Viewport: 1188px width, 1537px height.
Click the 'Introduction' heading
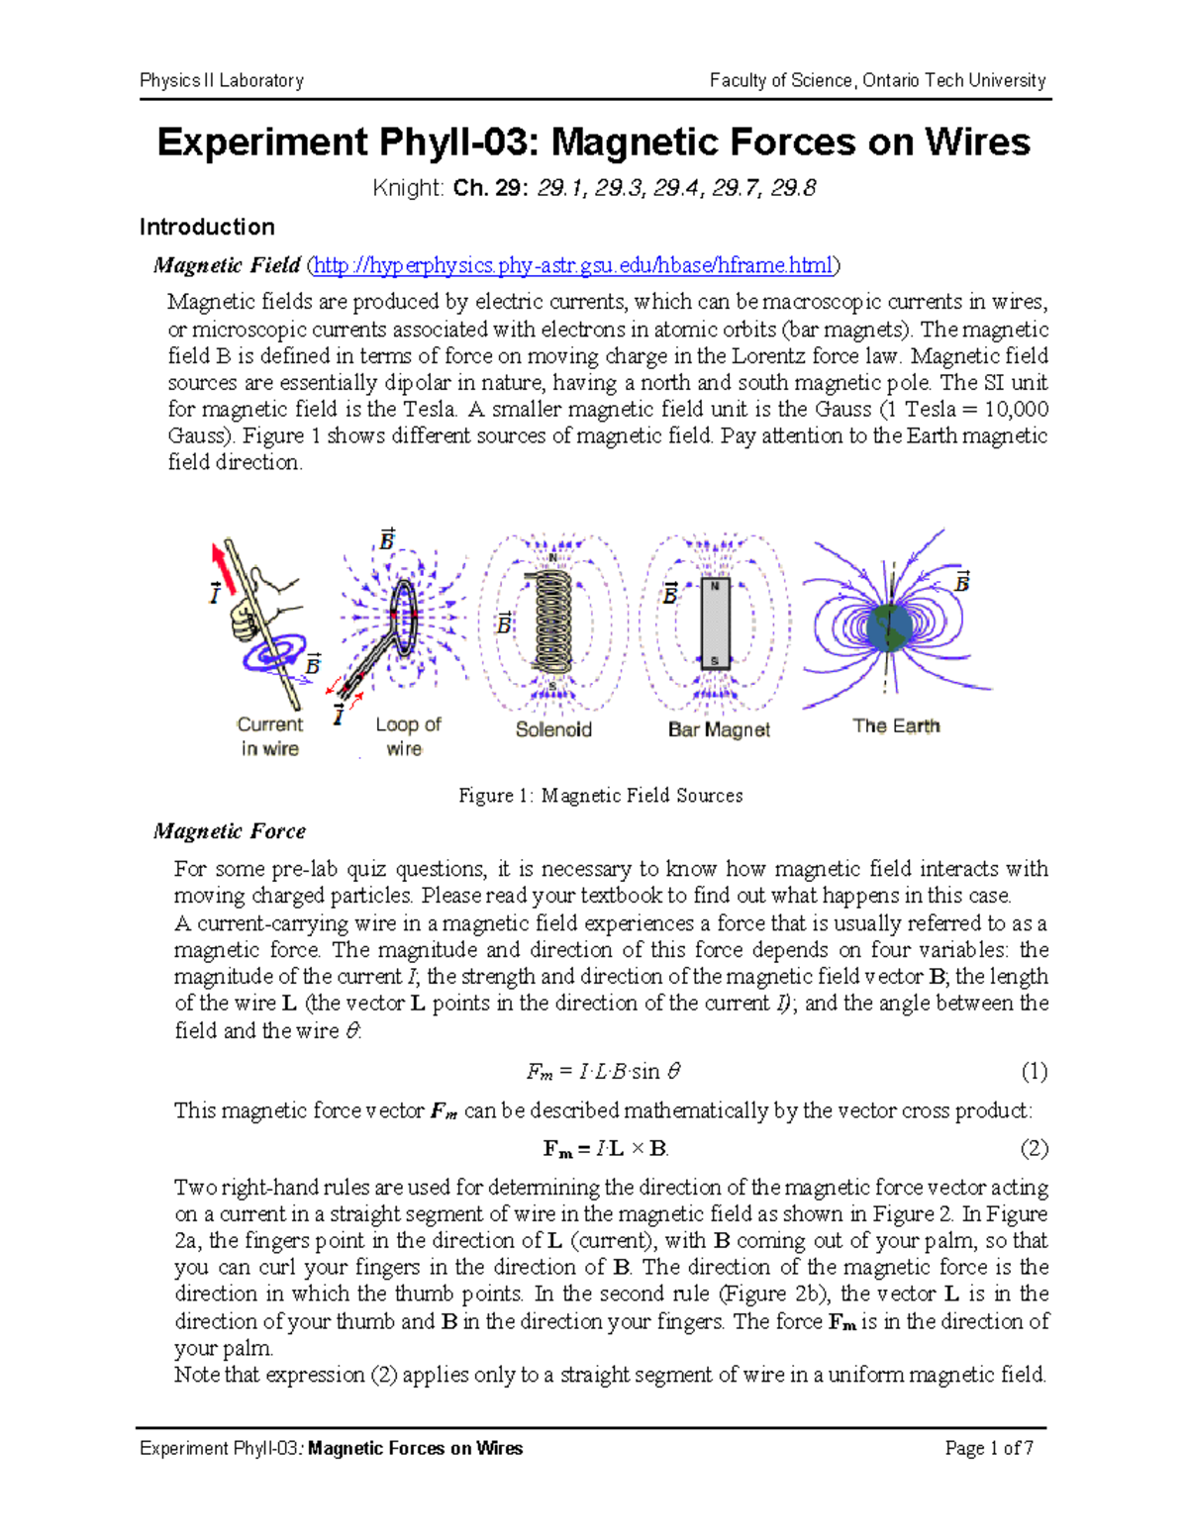pyautogui.click(x=207, y=227)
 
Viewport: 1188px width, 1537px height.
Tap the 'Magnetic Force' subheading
pyautogui.click(x=230, y=831)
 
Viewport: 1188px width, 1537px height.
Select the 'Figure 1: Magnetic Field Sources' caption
pyautogui.click(x=600, y=796)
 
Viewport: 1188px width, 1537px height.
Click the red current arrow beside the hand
pyautogui.click(x=225, y=570)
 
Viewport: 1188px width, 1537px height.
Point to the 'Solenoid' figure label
pyautogui.click(x=553, y=729)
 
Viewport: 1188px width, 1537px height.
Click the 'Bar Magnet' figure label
pyautogui.click(x=719, y=729)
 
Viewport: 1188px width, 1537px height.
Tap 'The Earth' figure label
pyautogui.click(x=896, y=725)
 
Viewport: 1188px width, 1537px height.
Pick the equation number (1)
pyautogui.click(x=1034, y=1071)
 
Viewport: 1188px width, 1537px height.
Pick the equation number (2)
pyautogui.click(x=1034, y=1148)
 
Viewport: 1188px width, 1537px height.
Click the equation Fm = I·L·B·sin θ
pyautogui.click(x=603, y=1071)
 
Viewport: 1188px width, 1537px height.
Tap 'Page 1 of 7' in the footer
pyautogui.click(x=989, y=1449)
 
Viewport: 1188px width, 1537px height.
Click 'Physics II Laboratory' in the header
pyautogui.click(x=222, y=80)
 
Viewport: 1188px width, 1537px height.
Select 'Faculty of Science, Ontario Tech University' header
pyautogui.click(x=877, y=80)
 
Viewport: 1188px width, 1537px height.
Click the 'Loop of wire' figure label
pyautogui.click(x=407, y=736)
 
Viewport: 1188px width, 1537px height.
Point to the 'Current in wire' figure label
pyautogui.click(x=269, y=736)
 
